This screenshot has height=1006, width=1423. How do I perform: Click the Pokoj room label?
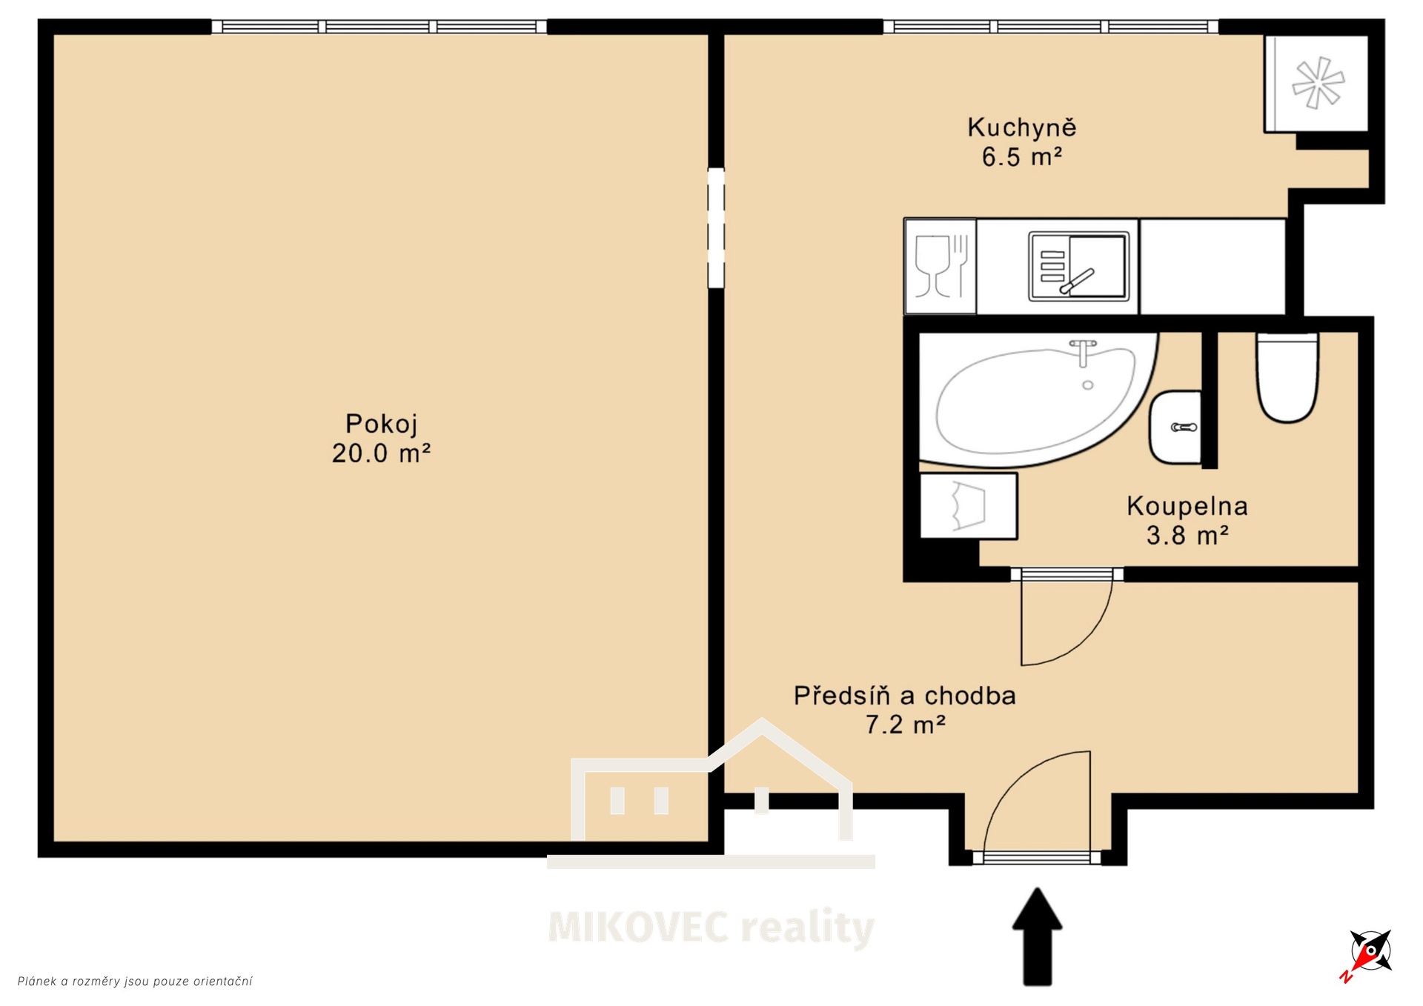click(382, 424)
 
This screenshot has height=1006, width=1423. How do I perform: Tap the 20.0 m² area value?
click(381, 453)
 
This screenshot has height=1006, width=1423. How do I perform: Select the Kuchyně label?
click(1022, 128)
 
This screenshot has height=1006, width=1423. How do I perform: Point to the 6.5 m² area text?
click(1022, 157)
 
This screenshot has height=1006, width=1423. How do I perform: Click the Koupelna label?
click(1187, 507)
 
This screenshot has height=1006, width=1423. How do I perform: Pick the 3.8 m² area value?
click(1187, 535)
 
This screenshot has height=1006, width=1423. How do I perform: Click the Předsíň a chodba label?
click(905, 696)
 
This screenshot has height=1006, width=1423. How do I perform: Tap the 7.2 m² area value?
click(905, 724)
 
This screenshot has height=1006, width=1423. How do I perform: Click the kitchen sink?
click(1079, 266)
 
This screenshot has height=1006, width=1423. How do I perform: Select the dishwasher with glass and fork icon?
click(941, 266)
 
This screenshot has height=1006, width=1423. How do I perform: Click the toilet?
click(1287, 378)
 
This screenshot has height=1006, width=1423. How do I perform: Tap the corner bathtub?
click(1038, 399)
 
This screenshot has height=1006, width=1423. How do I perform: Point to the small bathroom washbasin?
click(1175, 427)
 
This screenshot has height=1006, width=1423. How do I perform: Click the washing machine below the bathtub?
click(969, 506)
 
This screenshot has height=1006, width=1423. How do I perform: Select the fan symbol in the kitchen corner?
click(1318, 83)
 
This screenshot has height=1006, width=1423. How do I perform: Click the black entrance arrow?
click(1038, 937)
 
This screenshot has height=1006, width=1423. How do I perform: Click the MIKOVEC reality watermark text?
click(711, 927)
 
